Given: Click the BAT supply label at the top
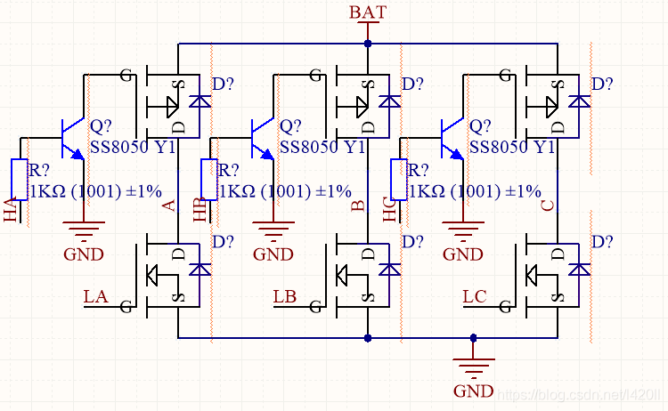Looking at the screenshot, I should click(367, 12).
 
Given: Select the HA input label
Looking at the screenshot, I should click(11, 212).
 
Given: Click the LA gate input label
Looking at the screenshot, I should click(95, 296).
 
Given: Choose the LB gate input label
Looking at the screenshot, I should click(285, 296).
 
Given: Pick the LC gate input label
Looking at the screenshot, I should click(475, 296).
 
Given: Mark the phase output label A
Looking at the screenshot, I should click(170, 206).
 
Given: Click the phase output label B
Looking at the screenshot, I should click(359, 206).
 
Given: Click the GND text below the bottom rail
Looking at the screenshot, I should click(473, 391).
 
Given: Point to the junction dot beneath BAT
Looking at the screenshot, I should click(368, 43).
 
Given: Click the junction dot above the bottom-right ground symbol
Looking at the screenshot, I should click(473, 338).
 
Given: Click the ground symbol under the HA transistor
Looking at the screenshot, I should click(84, 234).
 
